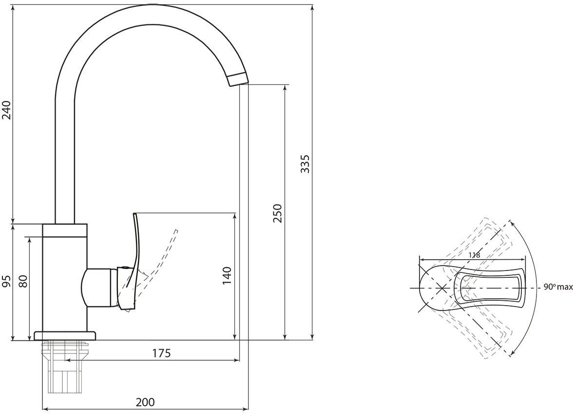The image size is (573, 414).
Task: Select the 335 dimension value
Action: coord(306,164)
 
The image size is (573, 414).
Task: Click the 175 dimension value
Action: coord(161,353)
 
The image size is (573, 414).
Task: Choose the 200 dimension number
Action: coord(145,402)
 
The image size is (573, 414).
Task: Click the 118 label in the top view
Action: coord(474,255)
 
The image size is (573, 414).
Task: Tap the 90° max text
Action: coord(558,288)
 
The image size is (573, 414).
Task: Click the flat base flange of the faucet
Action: coord(65,336)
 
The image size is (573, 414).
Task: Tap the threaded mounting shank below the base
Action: coord(65,366)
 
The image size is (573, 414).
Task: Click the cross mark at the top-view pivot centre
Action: coord(441,288)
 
